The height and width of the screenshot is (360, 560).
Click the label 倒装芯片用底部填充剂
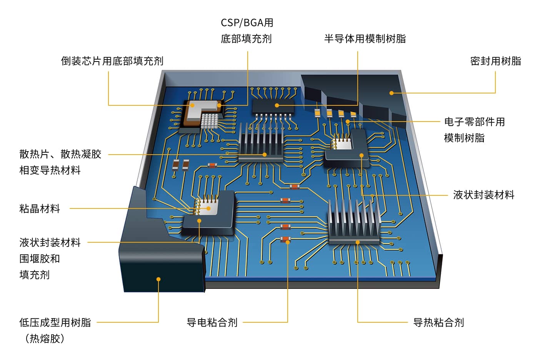[112, 61]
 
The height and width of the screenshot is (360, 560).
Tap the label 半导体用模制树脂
[365, 38]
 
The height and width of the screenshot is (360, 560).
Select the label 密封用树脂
[495, 61]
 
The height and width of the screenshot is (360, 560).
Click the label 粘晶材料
[40, 208]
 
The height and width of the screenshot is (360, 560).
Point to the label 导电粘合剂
[212, 322]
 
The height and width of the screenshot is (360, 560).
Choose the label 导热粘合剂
[438, 322]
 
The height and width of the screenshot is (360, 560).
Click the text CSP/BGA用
[247, 23]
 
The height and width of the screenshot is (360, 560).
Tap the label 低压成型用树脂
[55, 322]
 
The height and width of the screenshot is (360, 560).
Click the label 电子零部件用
[474, 122]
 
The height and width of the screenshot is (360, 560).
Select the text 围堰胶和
[40, 258]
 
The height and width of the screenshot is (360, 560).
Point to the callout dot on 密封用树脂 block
[392, 93]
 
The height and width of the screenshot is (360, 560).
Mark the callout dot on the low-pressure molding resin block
[158, 279]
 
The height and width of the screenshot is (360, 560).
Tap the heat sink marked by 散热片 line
[261, 142]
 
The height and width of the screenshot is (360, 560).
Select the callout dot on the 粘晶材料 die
[208, 208]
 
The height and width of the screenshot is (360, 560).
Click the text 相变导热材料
[50, 170]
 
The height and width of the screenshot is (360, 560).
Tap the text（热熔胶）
[45, 338]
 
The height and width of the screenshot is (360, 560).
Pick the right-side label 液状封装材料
[483, 195]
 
